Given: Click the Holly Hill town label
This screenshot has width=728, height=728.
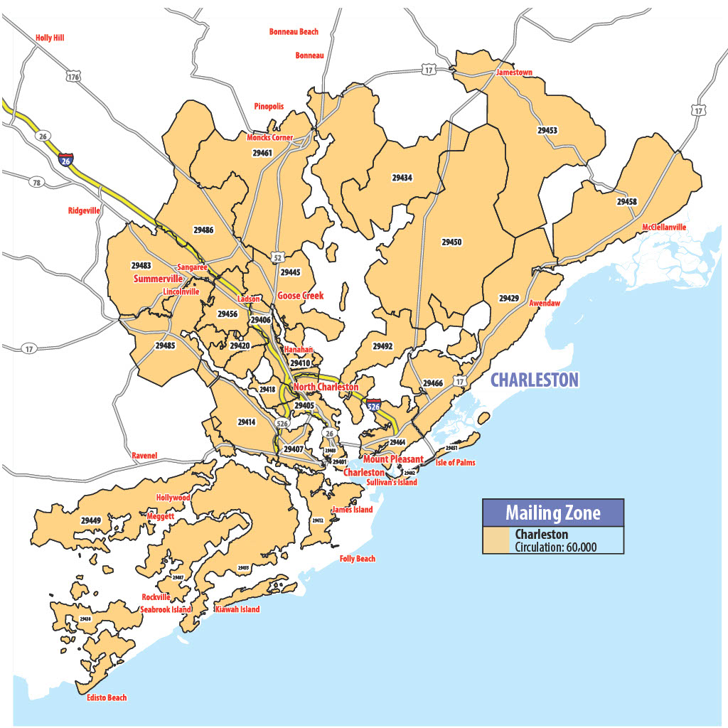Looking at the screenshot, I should (50, 38).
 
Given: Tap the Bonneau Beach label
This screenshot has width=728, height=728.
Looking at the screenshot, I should (294, 32).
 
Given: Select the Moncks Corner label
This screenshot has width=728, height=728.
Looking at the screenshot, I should (270, 137).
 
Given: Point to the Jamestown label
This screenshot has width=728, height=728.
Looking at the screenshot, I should (514, 73).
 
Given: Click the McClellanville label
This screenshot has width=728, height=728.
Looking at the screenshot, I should (664, 227).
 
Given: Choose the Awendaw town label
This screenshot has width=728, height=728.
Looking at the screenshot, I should (545, 303).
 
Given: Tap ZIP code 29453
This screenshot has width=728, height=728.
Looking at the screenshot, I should (547, 131).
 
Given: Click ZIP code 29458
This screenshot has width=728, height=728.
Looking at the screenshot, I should (626, 202).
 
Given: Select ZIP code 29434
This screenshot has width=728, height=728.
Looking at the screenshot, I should (402, 177).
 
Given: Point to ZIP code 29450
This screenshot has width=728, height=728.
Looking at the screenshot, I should (451, 242).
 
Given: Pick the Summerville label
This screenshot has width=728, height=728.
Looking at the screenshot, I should (158, 279).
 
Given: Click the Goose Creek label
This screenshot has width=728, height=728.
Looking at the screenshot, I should (301, 296).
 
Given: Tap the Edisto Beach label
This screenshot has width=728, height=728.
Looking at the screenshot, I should (107, 697).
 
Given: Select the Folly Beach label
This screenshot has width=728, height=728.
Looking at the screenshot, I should (357, 559).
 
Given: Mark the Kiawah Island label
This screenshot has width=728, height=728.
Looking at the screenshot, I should (237, 609).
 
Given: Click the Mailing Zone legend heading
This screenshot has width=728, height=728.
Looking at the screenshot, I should (552, 513).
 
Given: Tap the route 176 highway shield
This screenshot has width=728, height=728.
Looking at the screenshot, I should (73, 76).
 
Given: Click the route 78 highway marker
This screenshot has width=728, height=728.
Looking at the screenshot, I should (36, 183).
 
